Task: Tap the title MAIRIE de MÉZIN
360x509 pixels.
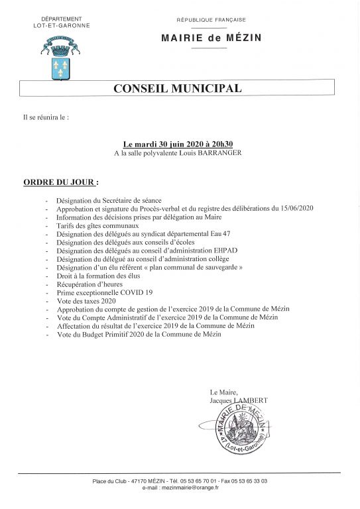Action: pos(211,38)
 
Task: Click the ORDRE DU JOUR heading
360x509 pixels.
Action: pos(60,180)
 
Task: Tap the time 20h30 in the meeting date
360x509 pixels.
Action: pos(221,143)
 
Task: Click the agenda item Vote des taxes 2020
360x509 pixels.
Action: pos(86,300)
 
